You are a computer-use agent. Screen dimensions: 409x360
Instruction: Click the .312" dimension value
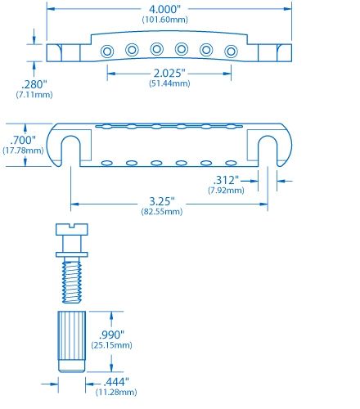[225, 180]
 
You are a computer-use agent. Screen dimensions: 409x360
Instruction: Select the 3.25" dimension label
[165, 201]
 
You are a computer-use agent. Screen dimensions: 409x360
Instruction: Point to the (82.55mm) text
[165, 211]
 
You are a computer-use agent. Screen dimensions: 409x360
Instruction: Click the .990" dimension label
[113, 335]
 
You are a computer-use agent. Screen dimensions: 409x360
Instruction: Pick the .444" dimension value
[112, 383]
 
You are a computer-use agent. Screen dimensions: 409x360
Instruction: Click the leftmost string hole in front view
[106, 51]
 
